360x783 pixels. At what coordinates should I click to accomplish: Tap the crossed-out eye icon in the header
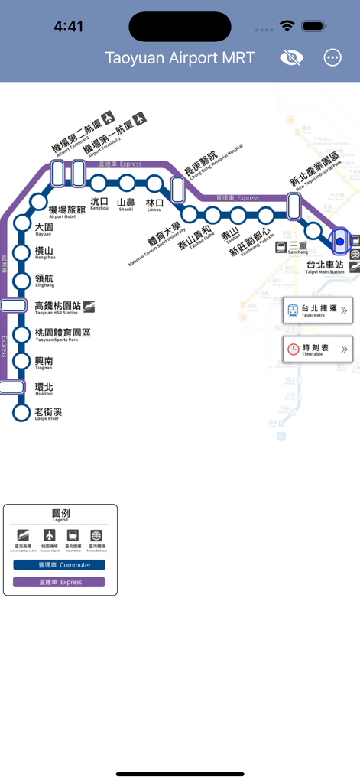(291, 58)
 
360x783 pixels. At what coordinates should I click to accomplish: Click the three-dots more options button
(332, 58)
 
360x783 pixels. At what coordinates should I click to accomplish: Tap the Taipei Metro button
(318, 310)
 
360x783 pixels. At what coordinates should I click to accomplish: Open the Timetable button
(318, 349)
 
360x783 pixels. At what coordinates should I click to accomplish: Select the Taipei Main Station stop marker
(340, 242)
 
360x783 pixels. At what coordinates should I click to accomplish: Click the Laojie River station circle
(21, 414)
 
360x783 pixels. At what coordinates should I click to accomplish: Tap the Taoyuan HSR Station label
(58, 307)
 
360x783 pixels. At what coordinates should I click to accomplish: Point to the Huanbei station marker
(11, 387)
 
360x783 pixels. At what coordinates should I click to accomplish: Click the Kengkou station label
(99, 203)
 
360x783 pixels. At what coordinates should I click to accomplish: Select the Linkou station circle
(155, 184)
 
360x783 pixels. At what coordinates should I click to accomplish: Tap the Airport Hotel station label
(66, 212)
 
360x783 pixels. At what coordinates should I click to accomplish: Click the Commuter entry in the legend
(60, 565)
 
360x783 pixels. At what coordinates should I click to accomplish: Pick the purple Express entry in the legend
(60, 582)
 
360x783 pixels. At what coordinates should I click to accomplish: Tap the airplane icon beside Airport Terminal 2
(109, 118)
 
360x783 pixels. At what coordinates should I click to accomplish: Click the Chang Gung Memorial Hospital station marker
(178, 190)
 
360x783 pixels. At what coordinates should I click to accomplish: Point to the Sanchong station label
(298, 247)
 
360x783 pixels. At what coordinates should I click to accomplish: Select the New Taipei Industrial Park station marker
(294, 206)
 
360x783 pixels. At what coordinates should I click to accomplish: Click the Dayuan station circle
(21, 223)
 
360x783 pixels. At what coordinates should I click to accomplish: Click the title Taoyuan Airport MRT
(180, 58)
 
